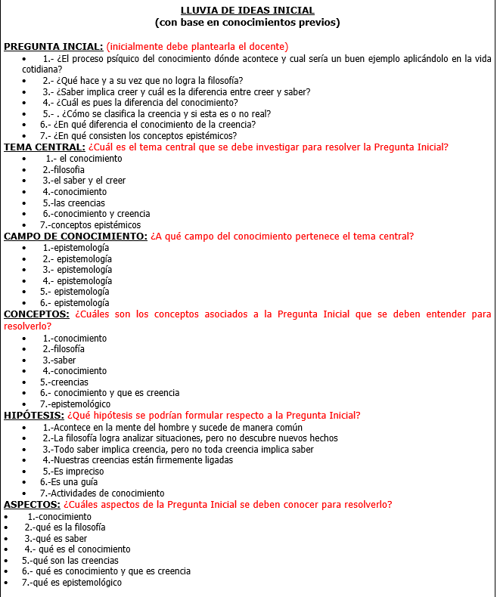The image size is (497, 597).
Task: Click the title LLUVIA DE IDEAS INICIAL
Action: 247,10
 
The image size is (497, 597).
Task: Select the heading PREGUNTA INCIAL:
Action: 54,47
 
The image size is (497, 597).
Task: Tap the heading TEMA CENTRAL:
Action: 45,147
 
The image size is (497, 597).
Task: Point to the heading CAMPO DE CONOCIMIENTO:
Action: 76,237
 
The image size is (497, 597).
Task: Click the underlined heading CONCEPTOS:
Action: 37,314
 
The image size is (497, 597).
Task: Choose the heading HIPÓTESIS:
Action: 34,416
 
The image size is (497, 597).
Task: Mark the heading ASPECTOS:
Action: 32,505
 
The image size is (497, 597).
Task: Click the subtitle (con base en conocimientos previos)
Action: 247,22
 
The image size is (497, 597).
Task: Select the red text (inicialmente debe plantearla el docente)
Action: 197,47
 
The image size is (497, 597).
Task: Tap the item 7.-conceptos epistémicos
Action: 91,225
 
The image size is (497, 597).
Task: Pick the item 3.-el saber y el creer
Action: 84,181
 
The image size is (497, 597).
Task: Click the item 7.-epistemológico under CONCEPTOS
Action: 75,404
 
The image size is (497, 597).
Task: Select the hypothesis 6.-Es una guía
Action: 69,482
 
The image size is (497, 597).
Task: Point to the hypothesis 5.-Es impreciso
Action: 73,472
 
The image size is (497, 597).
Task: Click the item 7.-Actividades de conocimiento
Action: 102,493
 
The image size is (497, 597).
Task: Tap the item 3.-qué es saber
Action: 56,539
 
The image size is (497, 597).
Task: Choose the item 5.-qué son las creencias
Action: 70,561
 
